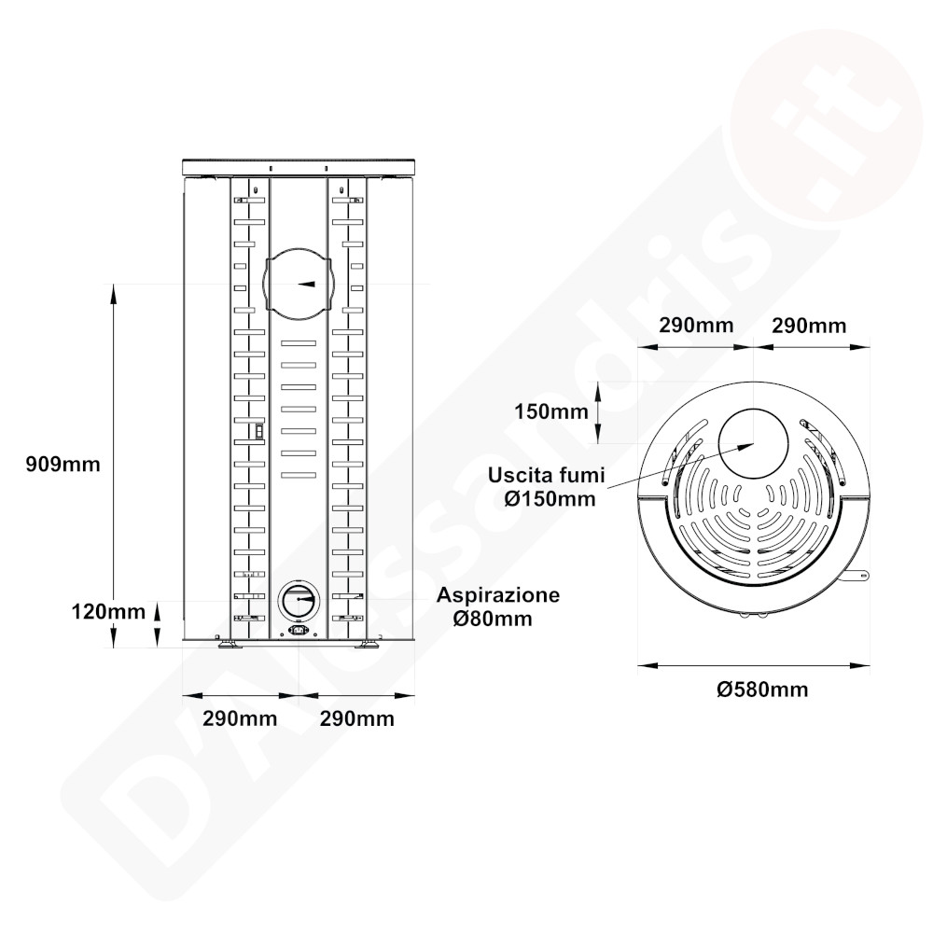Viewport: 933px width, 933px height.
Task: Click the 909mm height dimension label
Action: point(63,464)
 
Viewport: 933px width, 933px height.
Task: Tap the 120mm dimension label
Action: point(108,611)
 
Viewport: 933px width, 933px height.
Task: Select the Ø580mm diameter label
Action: point(762,689)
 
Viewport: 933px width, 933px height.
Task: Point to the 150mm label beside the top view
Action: point(551,411)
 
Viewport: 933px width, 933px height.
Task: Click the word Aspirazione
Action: point(498,595)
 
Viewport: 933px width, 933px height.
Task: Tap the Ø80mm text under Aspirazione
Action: point(493,619)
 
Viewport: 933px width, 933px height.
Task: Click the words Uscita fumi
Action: point(546,475)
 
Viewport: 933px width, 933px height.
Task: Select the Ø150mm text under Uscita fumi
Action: point(550,498)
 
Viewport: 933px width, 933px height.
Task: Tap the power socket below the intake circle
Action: point(299,630)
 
